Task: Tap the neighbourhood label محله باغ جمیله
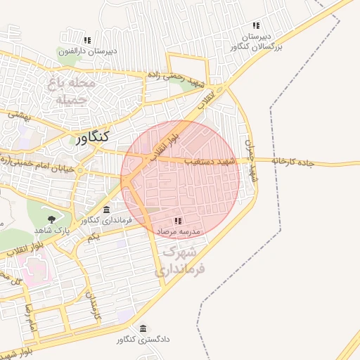coord(71,91)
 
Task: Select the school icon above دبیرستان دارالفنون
coord(87,41)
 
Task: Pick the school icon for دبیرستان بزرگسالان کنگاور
coord(256,26)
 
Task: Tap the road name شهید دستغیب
coord(209,162)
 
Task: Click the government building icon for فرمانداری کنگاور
coord(106,210)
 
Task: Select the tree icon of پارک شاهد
coord(53,219)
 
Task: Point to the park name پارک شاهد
coord(53,230)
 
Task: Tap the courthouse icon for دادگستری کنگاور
coord(143,329)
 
